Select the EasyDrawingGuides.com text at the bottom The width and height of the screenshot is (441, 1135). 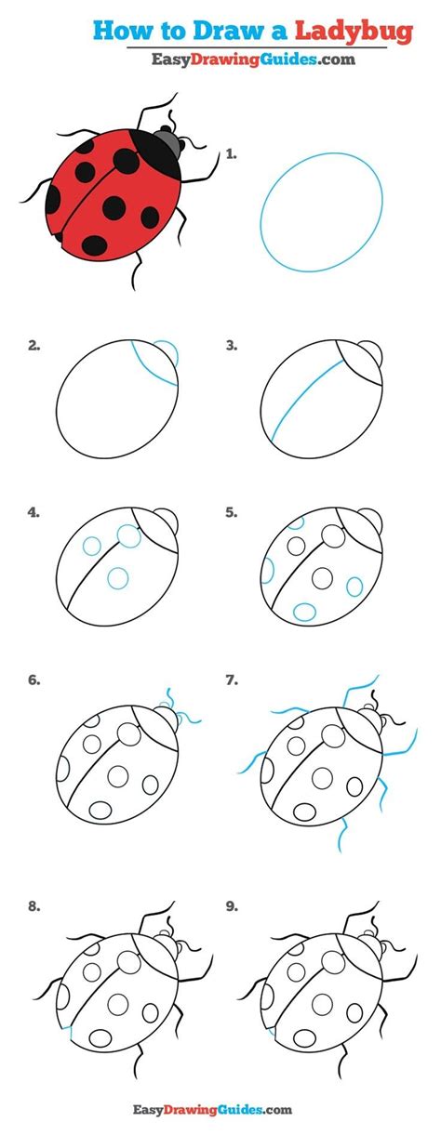pos(221,1109)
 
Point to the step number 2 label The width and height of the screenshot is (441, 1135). pos(34,346)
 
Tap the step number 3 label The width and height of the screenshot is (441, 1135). pos(232,346)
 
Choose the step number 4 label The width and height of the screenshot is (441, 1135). pos(34,511)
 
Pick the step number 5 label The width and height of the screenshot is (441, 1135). pos(232,511)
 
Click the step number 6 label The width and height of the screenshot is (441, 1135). pos(34,680)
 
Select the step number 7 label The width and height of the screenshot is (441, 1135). pos(232,680)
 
